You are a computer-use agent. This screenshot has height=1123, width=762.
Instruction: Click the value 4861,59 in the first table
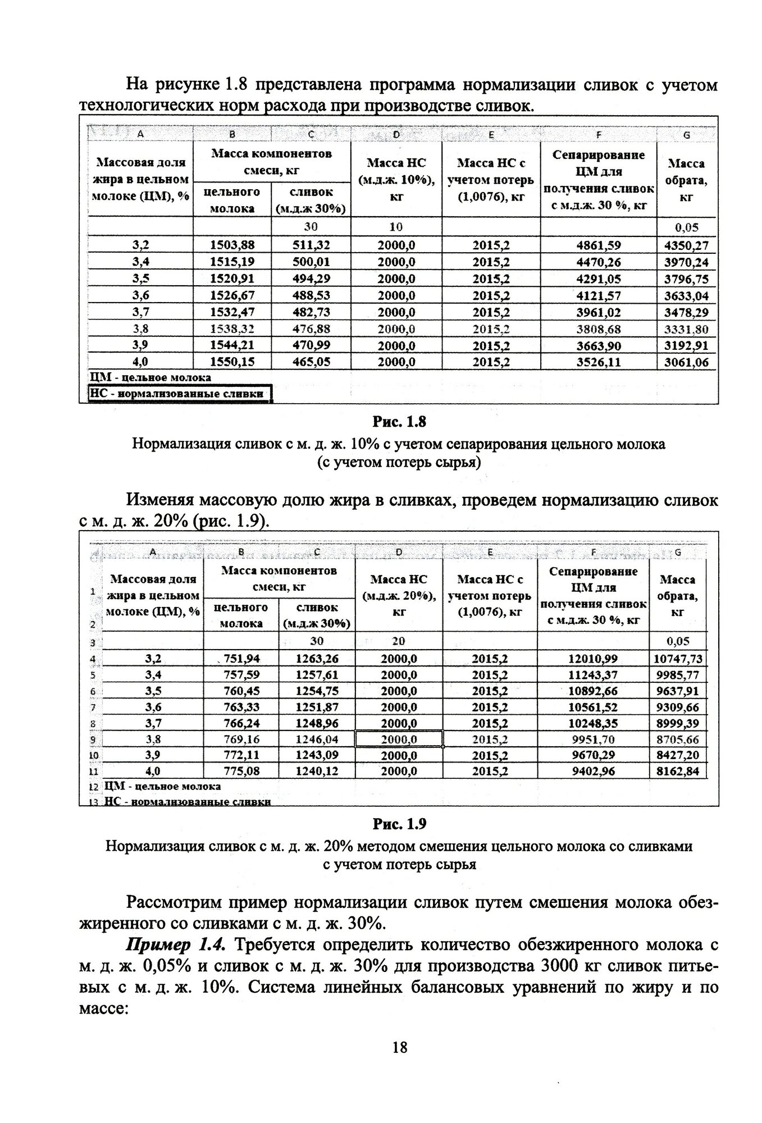tap(598, 245)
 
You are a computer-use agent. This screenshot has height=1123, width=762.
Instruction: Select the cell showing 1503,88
tap(231, 245)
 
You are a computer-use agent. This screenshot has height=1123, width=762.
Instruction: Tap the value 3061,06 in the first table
tap(686, 363)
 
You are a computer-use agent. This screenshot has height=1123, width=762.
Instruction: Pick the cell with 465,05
tap(311, 363)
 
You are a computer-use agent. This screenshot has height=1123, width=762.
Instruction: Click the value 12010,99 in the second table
tap(593, 659)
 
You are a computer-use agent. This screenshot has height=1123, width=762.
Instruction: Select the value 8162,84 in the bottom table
tap(678, 772)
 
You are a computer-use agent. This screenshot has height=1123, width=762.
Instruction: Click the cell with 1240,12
tap(317, 772)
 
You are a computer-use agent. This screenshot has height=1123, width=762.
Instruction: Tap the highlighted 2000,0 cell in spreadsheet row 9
tap(399, 739)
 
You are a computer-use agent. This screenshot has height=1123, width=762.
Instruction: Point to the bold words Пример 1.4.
tap(176, 945)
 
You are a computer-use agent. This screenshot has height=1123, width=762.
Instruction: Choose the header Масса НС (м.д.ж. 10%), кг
tap(396, 180)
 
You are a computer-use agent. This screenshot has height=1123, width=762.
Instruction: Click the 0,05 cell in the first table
tap(686, 227)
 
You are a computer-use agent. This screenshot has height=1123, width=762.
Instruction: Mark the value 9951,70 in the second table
tap(593, 739)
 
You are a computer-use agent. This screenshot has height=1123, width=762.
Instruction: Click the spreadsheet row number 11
tap(93, 772)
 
